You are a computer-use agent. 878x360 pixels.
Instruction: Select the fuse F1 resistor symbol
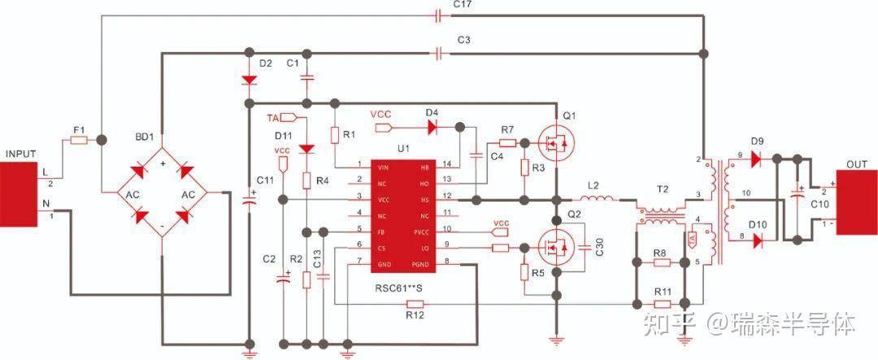click(x=79, y=141)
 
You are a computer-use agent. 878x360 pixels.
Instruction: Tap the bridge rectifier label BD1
click(x=145, y=137)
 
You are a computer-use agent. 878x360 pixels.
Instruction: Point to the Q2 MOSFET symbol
click(x=555, y=248)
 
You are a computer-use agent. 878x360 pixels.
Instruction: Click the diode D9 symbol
click(x=756, y=158)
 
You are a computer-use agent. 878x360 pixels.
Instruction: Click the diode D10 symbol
click(x=756, y=240)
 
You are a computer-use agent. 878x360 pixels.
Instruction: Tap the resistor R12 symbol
click(x=415, y=303)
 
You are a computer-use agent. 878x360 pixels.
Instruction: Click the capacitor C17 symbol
click(x=439, y=16)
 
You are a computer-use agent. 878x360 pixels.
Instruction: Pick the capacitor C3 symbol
click(x=439, y=54)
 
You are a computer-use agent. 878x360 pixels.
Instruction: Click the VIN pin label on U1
click(x=383, y=167)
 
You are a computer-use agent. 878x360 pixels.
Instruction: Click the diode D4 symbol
click(x=432, y=127)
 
